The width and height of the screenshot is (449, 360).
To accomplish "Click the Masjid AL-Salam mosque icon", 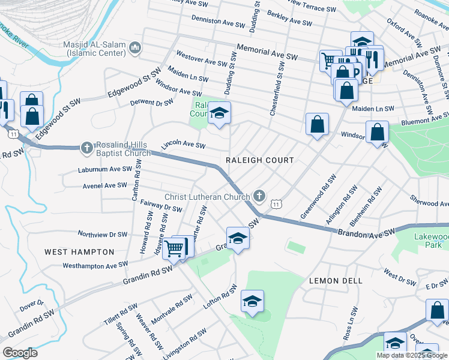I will pos(135,47).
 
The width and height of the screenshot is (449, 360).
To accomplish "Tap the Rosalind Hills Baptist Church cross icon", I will pos(87,147).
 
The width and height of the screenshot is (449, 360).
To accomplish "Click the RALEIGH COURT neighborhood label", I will pos(260,160).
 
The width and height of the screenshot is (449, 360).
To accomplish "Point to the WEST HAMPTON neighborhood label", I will pos(79,252).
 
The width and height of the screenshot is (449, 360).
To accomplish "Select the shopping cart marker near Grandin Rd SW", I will pos(175,248).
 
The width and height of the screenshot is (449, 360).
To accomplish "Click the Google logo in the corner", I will pos(20,352).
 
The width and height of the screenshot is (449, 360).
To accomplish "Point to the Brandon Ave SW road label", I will pos(366,232).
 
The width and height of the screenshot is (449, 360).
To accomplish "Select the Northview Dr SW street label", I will pos(103,234).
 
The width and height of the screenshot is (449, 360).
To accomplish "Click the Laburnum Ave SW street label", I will pos(104,170).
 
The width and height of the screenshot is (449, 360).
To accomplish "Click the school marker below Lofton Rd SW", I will pos(252,302).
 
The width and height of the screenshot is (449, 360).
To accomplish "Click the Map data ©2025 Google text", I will pos(411,355).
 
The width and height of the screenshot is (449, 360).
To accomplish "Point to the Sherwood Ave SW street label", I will pos(429,200).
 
